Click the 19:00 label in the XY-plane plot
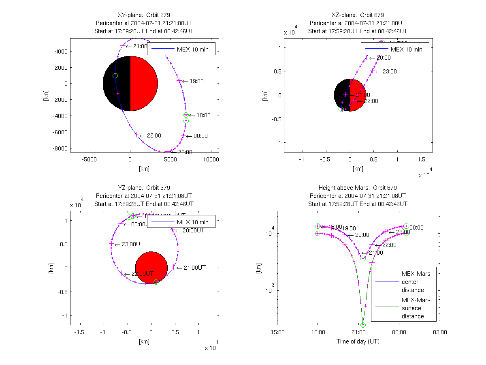196,82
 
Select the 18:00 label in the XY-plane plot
203,116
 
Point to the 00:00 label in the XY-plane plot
200,136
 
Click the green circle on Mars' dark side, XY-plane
115,76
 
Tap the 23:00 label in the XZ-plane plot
389,72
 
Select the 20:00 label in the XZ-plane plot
384,58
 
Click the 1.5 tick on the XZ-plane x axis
421,159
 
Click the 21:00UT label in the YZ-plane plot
194,268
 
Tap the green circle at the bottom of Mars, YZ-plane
156,282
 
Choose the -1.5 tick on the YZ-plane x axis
80,332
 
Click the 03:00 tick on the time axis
440,332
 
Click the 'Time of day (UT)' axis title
358,341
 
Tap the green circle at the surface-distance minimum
363,325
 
